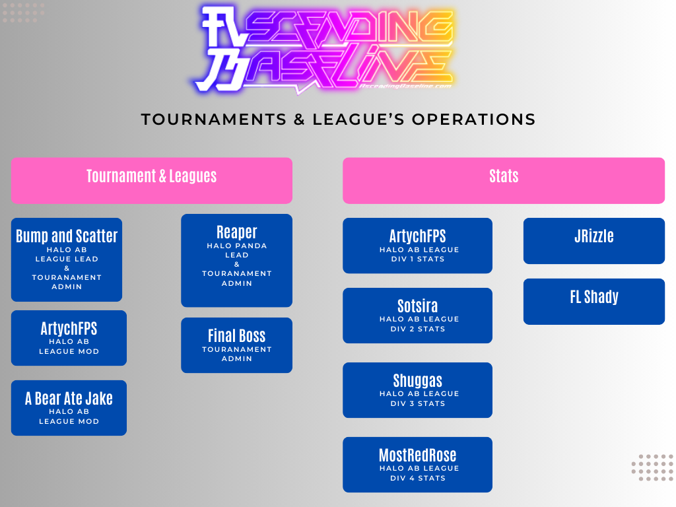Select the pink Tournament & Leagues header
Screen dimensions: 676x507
pyautogui.click(x=152, y=180)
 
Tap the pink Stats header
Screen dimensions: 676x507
pyautogui.click(x=503, y=180)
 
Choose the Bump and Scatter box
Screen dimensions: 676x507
pyautogui.click(x=67, y=259)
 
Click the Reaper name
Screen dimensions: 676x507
pyautogui.click(x=236, y=232)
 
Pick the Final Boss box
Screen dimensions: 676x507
pyautogui.click(x=236, y=345)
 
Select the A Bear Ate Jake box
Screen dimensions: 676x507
pyautogui.click(x=69, y=407)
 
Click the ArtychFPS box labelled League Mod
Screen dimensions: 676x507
pyautogui.click(x=69, y=337)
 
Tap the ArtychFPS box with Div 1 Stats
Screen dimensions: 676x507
pyautogui.click(x=417, y=245)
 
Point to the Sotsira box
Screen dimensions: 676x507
pyautogui.click(x=417, y=315)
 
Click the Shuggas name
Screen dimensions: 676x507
pyautogui.click(x=417, y=381)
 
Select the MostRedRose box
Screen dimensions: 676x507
pyautogui.click(x=417, y=464)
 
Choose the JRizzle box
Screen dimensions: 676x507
pyautogui.click(x=593, y=240)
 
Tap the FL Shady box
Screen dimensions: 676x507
pyautogui.click(x=593, y=301)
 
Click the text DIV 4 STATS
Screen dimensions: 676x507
pyautogui.click(x=417, y=478)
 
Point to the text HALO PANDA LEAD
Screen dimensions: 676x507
pyautogui.click(x=236, y=250)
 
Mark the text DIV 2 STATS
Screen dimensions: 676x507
pyautogui.click(x=417, y=329)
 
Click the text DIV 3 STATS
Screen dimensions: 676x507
pyautogui.click(x=417, y=403)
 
